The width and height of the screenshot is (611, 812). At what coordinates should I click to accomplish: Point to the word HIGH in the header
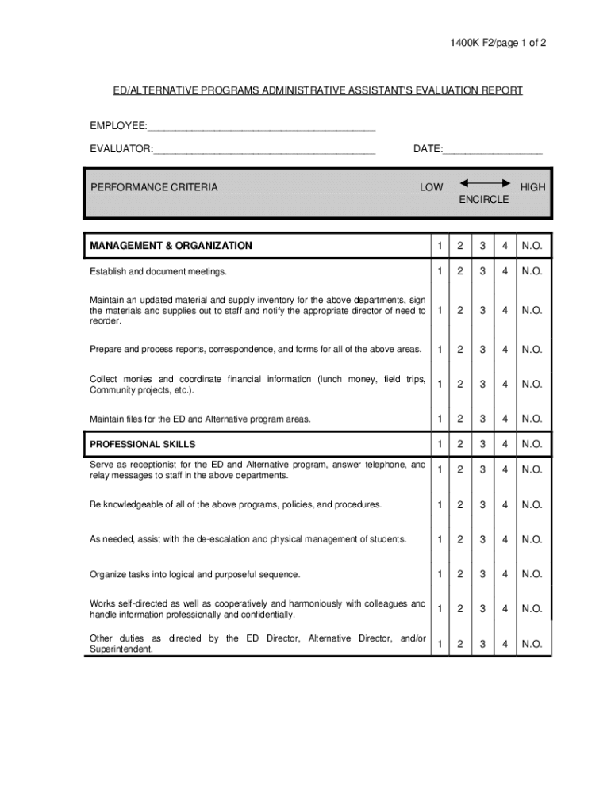coord(532,188)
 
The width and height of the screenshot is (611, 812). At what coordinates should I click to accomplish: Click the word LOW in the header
coord(432,188)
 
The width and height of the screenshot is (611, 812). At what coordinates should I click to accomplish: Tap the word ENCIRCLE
coord(483,200)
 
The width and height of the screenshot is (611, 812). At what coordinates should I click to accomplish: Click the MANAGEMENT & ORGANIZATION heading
coord(171,246)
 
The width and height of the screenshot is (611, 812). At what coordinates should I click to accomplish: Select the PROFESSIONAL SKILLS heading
coord(143,444)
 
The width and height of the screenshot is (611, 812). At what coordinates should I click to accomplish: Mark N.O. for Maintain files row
coord(532,419)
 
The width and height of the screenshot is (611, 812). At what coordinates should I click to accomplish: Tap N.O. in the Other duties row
coord(532,645)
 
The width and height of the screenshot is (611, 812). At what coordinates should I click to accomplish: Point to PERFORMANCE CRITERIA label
coord(153,188)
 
